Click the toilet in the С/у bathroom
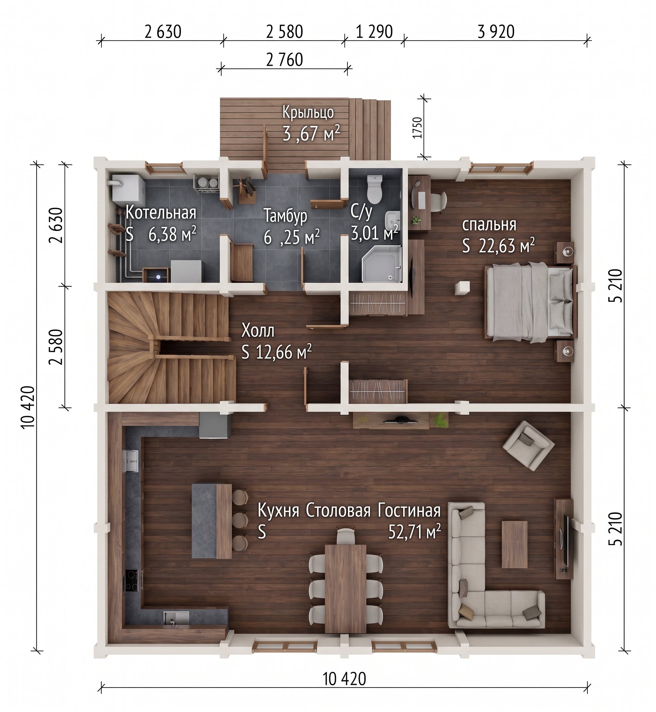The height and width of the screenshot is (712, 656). [x=374, y=188]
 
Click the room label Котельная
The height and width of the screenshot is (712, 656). [x=161, y=213]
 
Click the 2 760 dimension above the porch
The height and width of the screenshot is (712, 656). [x=284, y=60]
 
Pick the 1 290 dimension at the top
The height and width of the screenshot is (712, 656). [x=374, y=32]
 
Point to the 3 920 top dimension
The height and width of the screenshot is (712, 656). [x=496, y=32]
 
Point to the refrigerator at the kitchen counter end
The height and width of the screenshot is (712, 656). [x=215, y=425]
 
